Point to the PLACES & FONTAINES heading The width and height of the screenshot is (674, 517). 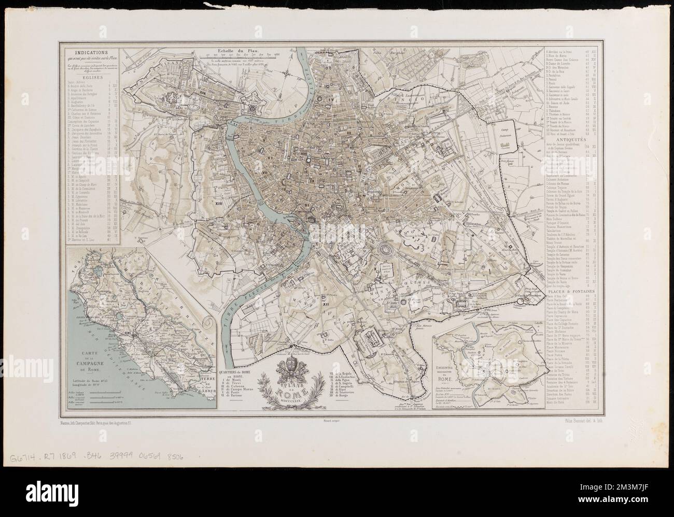570,292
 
